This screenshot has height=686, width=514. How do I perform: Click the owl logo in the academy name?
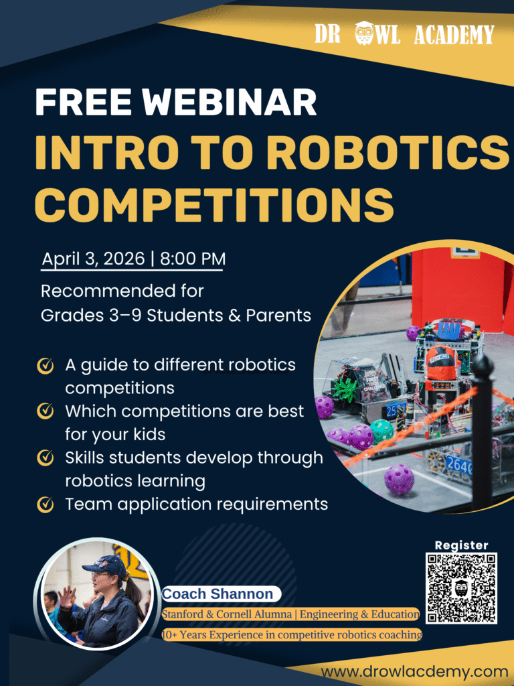coord(364,33)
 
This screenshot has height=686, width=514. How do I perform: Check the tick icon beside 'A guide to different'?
coord(45,366)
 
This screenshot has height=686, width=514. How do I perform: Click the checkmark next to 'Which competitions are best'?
coord(45,411)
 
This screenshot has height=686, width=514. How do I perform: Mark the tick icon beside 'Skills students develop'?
coord(45,458)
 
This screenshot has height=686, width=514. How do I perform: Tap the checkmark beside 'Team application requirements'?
coord(45,504)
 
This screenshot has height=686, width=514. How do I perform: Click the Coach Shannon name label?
coord(218,594)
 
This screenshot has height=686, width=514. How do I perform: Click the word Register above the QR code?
coord(461,545)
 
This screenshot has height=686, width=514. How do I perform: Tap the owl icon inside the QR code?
coord(460,588)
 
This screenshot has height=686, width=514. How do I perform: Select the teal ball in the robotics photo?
coord(382,429)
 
